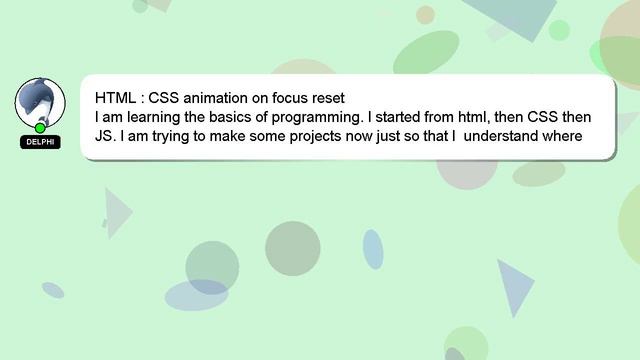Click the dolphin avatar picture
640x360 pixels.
click(x=40, y=101)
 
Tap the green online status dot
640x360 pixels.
click(x=40, y=128)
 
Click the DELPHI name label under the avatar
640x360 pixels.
click(x=40, y=142)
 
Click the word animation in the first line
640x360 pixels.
click(x=221, y=99)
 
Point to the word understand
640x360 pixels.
click(x=507, y=135)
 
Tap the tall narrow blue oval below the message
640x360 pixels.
click(x=373, y=249)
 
